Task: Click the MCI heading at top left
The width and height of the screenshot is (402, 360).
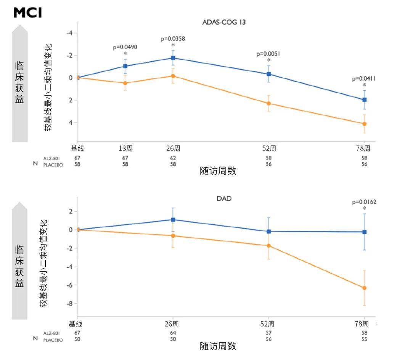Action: (27, 13)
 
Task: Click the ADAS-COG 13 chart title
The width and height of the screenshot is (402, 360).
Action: (224, 22)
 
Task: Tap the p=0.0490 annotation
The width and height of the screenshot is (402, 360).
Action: (125, 47)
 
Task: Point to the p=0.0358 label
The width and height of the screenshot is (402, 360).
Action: (173, 39)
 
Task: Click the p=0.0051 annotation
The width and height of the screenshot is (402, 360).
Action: (269, 54)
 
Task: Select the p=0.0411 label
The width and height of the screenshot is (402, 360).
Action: (364, 79)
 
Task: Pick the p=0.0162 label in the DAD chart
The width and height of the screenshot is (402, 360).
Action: (364, 202)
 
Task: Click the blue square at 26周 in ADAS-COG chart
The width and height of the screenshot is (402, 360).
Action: (173, 58)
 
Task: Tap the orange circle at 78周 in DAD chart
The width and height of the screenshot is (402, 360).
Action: (364, 288)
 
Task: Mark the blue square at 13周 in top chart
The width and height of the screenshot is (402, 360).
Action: (125, 66)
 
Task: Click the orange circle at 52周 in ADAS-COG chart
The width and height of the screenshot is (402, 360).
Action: (269, 104)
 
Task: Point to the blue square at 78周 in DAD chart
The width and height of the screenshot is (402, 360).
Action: (364, 232)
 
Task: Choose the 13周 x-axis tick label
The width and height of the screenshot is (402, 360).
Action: (125, 148)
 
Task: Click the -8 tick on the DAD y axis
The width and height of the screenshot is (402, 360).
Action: (70, 304)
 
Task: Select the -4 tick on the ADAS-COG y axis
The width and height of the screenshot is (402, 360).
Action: (70, 33)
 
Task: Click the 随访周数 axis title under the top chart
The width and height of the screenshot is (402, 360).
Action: (218, 171)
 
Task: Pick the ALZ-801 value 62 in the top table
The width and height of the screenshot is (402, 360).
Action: (173, 158)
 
